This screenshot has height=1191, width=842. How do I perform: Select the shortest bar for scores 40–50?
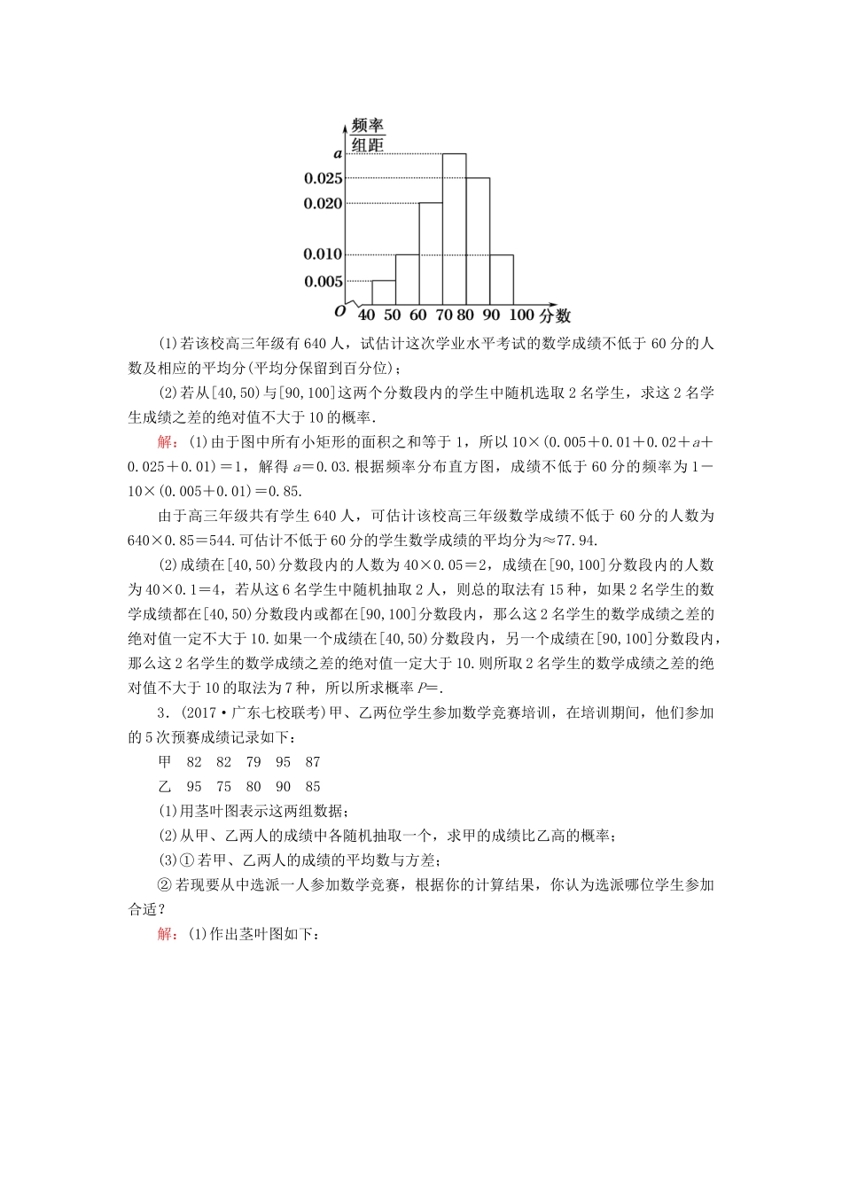383,292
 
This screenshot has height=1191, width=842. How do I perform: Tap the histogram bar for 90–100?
501,279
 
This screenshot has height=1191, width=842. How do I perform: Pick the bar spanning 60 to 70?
431,253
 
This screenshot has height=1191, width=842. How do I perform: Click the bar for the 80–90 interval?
478,241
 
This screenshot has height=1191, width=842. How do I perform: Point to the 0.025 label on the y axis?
323,179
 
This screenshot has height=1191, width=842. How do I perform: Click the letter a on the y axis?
337,153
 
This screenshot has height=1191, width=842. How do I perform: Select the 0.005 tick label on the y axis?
323,282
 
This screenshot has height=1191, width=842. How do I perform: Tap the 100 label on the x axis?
522,315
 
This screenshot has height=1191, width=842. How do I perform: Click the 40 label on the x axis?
366,315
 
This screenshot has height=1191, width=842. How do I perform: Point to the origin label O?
339,311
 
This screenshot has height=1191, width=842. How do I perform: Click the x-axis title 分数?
555,315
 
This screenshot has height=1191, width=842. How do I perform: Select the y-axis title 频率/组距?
367,135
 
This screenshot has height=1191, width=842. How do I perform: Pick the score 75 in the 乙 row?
223,787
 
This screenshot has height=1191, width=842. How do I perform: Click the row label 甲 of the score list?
165,762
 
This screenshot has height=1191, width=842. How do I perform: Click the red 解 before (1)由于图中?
166,442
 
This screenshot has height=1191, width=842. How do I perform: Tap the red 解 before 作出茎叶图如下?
166,934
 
